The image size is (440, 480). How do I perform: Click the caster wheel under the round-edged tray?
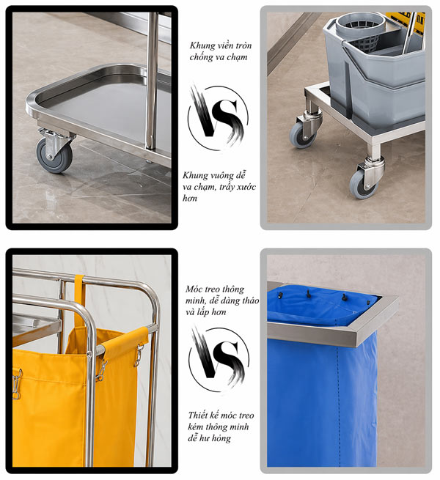click(x=54, y=153)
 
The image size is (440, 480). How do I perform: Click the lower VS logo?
click(x=218, y=358)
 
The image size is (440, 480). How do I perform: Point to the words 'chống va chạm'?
click(x=217, y=57)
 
